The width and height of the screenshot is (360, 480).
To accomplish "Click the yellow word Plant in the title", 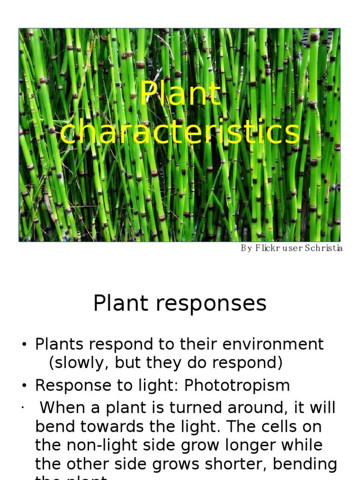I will pos(180,94).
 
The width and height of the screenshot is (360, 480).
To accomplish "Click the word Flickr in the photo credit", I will pos(267,248).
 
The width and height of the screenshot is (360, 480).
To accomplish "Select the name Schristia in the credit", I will pos(324,248).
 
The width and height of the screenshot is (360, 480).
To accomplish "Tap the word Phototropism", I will pos(237,385).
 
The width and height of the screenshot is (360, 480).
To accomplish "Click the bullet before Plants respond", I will pos(23,345).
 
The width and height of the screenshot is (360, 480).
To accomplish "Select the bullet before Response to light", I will pos(23,386).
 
